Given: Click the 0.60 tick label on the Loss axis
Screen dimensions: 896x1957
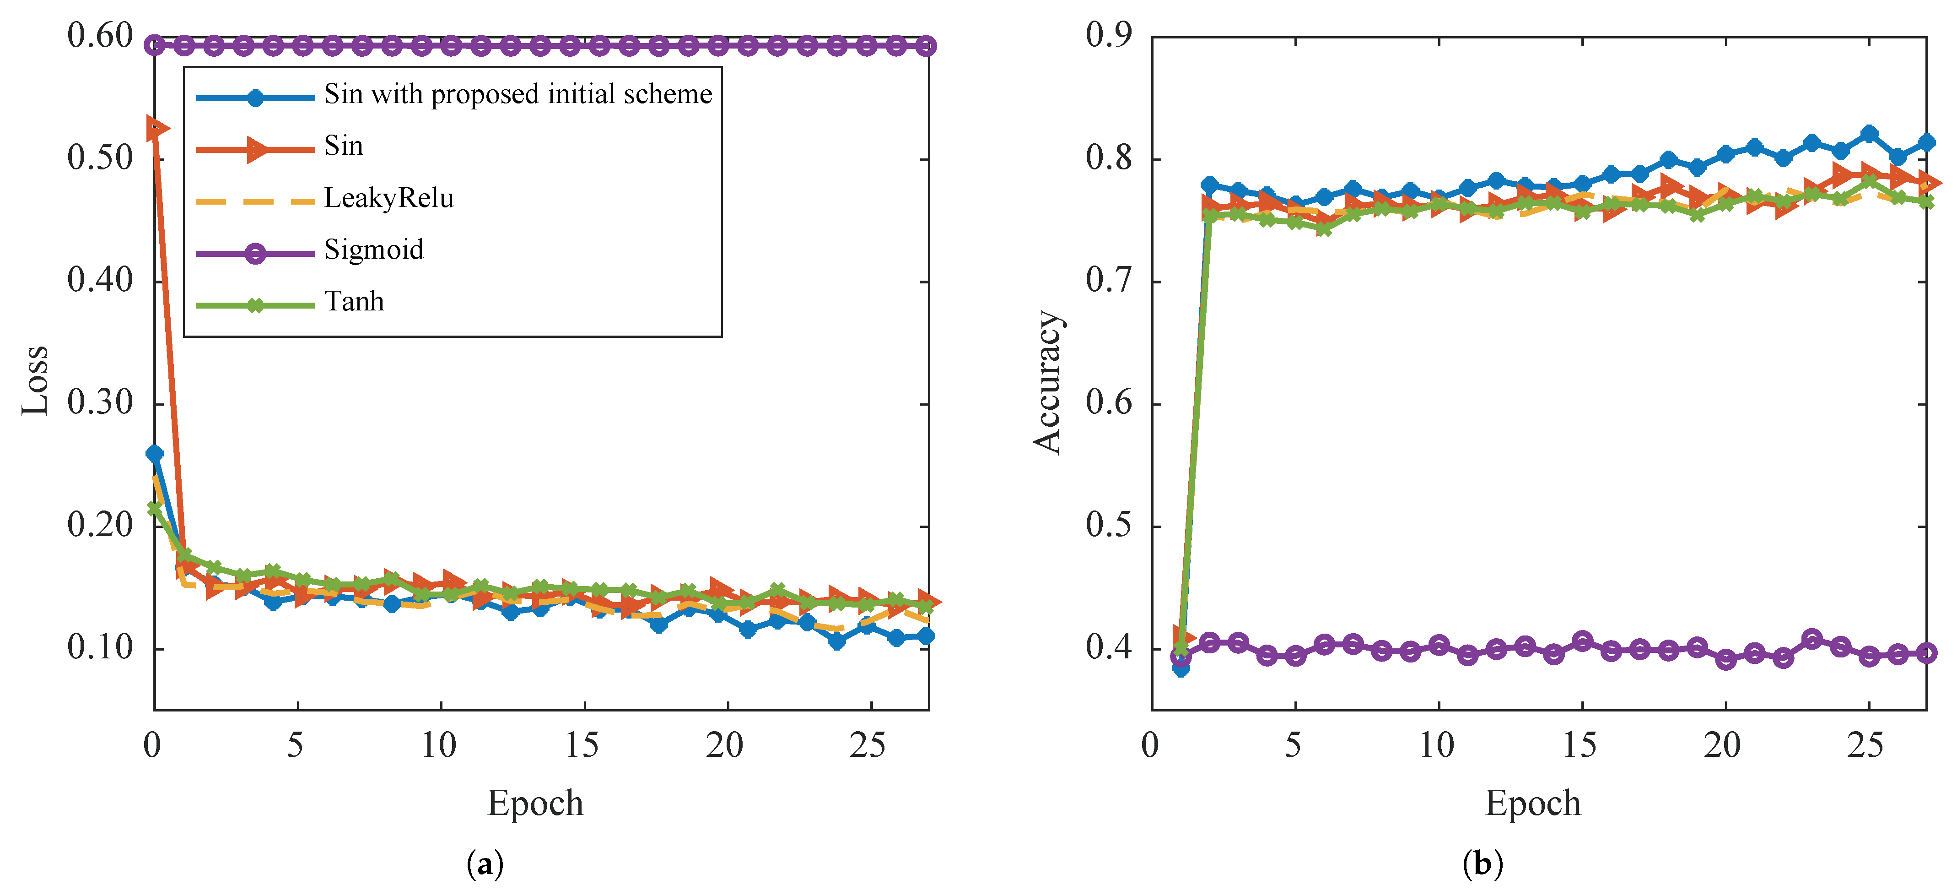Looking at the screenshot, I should (x=100, y=36).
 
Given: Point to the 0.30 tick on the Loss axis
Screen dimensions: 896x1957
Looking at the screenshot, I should (x=100, y=403).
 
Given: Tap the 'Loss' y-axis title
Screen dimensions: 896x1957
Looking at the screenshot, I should (x=35, y=380).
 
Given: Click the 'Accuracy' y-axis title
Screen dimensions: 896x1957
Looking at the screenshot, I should (x=1048, y=381).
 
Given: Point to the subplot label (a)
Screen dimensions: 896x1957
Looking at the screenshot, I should (x=485, y=864).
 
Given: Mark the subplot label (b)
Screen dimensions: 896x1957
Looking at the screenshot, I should (x=1482, y=864).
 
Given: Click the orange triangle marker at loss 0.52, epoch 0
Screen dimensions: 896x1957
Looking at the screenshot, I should (x=156, y=129).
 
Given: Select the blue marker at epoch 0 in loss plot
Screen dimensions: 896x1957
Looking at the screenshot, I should (x=154, y=454).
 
